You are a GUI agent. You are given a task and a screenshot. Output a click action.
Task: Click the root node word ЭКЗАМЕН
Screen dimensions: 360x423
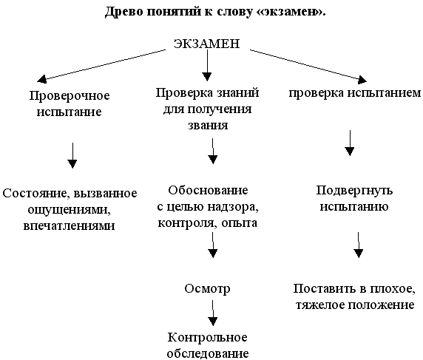(206, 44)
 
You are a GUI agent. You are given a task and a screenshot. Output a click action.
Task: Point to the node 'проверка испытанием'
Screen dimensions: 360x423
(354, 94)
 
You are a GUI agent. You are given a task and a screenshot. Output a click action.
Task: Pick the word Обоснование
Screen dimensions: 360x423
(213, 190)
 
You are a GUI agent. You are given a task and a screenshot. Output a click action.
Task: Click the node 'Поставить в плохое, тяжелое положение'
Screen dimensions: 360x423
(354, 296)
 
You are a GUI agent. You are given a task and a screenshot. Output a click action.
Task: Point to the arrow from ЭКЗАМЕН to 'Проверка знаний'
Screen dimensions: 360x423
(207, 67)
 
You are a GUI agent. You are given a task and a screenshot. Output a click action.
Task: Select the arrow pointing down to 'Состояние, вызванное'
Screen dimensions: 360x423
(72, 154)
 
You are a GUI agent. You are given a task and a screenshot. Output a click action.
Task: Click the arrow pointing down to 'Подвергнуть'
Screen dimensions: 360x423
(350, 143)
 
